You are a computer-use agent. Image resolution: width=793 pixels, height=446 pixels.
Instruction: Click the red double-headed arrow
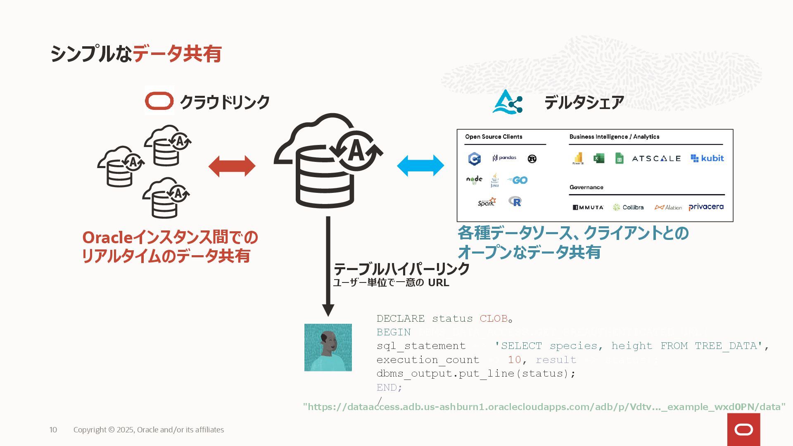pos(232,166)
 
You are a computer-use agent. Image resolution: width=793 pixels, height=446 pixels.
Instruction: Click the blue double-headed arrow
pos(420,166)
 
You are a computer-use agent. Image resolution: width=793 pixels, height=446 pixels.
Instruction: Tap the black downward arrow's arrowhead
pos(328,309)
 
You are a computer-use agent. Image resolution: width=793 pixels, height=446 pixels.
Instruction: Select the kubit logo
pos(707,158)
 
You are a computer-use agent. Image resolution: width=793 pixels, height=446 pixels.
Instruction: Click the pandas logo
pos(504,158)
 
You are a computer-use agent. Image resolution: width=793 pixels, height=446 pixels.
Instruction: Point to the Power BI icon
pos(578,158)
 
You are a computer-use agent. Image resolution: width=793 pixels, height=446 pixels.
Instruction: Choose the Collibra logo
pos(628,207)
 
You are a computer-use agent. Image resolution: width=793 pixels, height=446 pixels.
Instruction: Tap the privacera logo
pos(706,207)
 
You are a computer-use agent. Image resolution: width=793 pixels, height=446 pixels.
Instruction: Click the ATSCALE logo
pos(656,159)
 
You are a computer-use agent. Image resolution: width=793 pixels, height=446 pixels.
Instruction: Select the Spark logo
pos(487,202)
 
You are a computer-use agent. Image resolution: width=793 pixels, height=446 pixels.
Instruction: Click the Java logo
pos(494,180)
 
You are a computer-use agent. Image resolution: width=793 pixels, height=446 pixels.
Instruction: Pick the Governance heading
pos(586,187)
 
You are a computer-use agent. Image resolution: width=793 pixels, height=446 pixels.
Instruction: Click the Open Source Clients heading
pos(494,137)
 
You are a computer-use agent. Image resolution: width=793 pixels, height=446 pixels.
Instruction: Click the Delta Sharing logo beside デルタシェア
pos(508,102)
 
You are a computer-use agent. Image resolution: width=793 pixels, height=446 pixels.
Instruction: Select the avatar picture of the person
pos(328,347)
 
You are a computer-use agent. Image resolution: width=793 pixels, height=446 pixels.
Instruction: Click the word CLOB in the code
pos(493,318)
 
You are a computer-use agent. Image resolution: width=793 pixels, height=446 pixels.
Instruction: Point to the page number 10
pos(53,430)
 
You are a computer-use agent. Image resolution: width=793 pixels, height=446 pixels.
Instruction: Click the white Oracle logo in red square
pos(743,430)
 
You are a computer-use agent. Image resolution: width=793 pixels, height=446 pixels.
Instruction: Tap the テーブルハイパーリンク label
pos(401,269)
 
